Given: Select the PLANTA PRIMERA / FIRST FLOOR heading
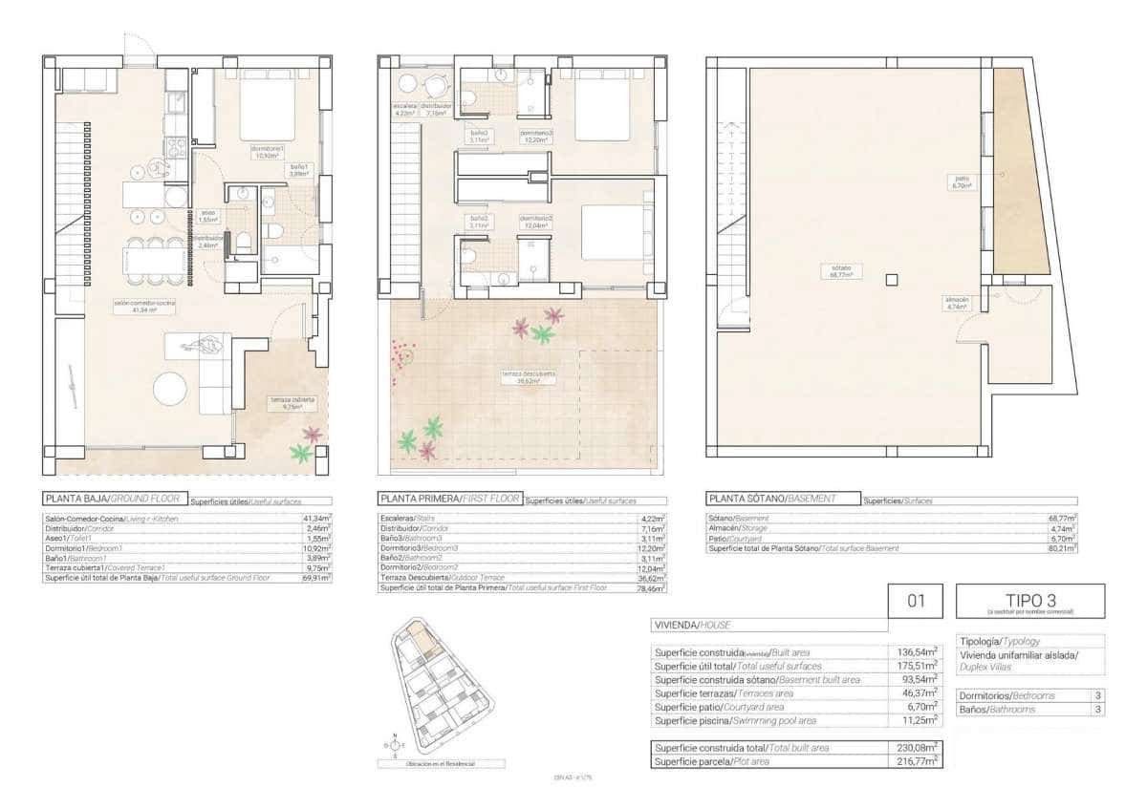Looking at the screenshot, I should point(449,499).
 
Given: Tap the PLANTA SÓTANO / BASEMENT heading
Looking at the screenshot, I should point(771,499).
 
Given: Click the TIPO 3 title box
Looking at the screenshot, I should point(1029,601).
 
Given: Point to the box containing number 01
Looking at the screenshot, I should point(917,601).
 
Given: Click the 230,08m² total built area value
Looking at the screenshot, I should point(921,747).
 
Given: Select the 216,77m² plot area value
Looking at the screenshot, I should point(921,761).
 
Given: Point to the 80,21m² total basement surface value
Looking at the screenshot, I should point(1062,548).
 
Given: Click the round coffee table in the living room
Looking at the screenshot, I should point(171,388).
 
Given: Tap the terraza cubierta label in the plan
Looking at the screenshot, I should point(286,402).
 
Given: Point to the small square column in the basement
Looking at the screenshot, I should point(891,280).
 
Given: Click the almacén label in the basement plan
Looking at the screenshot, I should point(958,303).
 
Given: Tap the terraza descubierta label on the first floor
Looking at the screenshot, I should point(521,375).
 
